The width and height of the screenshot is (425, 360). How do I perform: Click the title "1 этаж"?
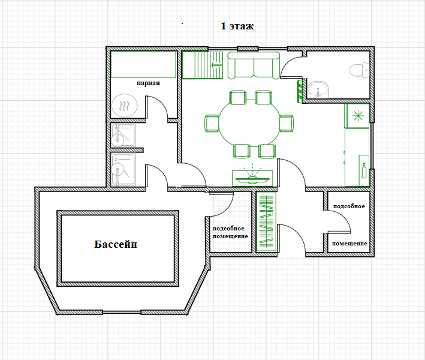(x=237, y=26)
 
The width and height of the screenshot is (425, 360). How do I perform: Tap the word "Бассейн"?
(x=116, y=244)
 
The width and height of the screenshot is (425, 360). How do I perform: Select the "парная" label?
(x=148, y=83)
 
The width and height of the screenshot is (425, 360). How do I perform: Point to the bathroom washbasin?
(x=318, y=89)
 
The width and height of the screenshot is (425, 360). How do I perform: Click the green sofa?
(x=254, y=65)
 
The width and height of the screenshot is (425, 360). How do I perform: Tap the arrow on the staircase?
(x=216, y=65)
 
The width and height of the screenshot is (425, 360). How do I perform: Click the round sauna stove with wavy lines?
(x=125, y=106)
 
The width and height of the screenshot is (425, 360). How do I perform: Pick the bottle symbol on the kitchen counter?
(x=364, y=170)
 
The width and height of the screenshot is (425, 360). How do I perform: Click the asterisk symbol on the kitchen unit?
(x=358, y=116)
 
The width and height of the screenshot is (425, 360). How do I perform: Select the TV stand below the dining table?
(x=252, y=178)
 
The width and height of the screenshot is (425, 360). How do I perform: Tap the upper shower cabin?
(x=123, y=135)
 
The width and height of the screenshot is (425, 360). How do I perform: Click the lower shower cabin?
(x=123, y=170)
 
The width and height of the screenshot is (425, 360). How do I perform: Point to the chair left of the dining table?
(x=212, y=124)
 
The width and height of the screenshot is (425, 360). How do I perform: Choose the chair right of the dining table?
(x=287, y=124)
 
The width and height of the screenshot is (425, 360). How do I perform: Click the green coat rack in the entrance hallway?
(x=266, y=221)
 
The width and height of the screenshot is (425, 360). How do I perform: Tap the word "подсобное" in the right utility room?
(x=349, y=206)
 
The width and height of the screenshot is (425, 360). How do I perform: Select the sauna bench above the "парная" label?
(x=143, y=64)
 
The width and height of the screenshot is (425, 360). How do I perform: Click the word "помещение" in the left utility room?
(x=230, y=236)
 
